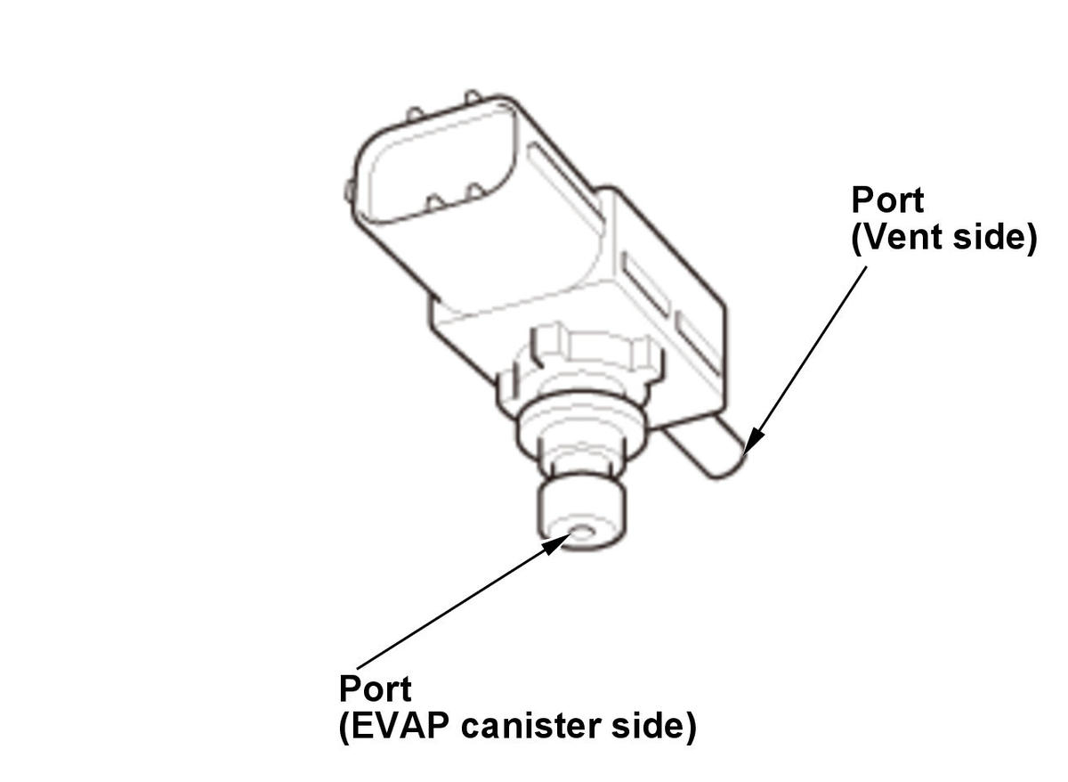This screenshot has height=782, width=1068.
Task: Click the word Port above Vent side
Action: [887, 200]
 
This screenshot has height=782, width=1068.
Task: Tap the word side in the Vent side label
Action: [987, 237]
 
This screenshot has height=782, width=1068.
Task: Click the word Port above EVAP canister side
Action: [376, 689]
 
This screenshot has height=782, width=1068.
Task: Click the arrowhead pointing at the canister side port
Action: [556, 544]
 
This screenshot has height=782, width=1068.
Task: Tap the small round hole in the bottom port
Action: [582, 533]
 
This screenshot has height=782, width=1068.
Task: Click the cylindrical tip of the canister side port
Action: [582, 517]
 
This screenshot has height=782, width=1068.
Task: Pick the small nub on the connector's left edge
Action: [349, 191]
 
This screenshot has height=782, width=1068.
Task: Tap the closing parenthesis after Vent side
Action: [1031, 239]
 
